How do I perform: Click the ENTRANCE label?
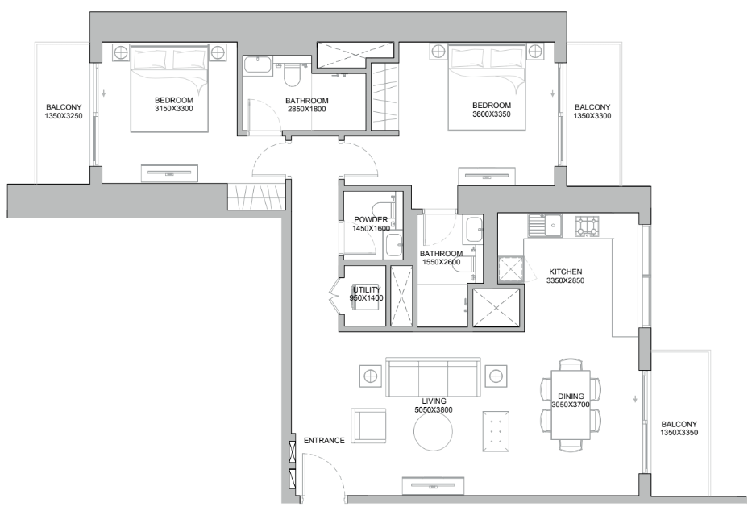point(323,441)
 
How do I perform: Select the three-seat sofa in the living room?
point(434,377)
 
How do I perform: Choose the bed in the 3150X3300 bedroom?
point(171,89)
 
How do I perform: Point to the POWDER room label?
point(371,220)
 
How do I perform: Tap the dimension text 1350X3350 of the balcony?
point(679,434)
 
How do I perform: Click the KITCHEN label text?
point(565,272)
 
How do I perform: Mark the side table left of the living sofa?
point(370,376)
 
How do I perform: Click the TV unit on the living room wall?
point(434,484)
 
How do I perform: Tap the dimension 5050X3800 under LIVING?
point(434,410)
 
